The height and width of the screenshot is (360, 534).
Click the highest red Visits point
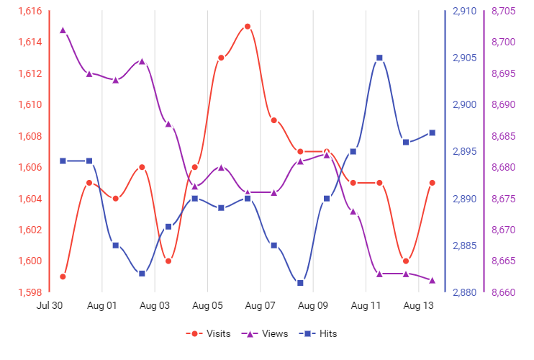point(248,27)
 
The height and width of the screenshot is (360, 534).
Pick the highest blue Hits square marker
point(379,58)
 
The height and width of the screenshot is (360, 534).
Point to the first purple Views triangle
point(63,30)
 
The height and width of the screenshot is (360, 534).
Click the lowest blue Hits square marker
point(300,283)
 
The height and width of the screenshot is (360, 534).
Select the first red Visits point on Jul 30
point(63,276)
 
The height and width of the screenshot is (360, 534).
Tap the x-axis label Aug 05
point(207,306)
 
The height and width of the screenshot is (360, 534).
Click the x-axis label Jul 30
point(49,306)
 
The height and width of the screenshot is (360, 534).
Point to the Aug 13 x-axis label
point(419,306)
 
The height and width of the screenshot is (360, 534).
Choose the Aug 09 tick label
point(313,306)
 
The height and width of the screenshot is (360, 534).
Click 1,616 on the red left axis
point(30,11)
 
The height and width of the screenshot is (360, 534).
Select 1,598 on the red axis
point(30,292)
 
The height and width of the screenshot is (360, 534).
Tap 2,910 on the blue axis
point(465,11)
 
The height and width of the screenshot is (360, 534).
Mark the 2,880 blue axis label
point(465,292)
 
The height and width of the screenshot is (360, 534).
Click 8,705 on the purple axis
point(503,11)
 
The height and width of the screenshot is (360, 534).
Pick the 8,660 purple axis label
point(503,292)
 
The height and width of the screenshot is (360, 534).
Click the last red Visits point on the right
point(433,183)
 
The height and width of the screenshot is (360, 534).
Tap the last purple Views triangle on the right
point(433,280)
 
